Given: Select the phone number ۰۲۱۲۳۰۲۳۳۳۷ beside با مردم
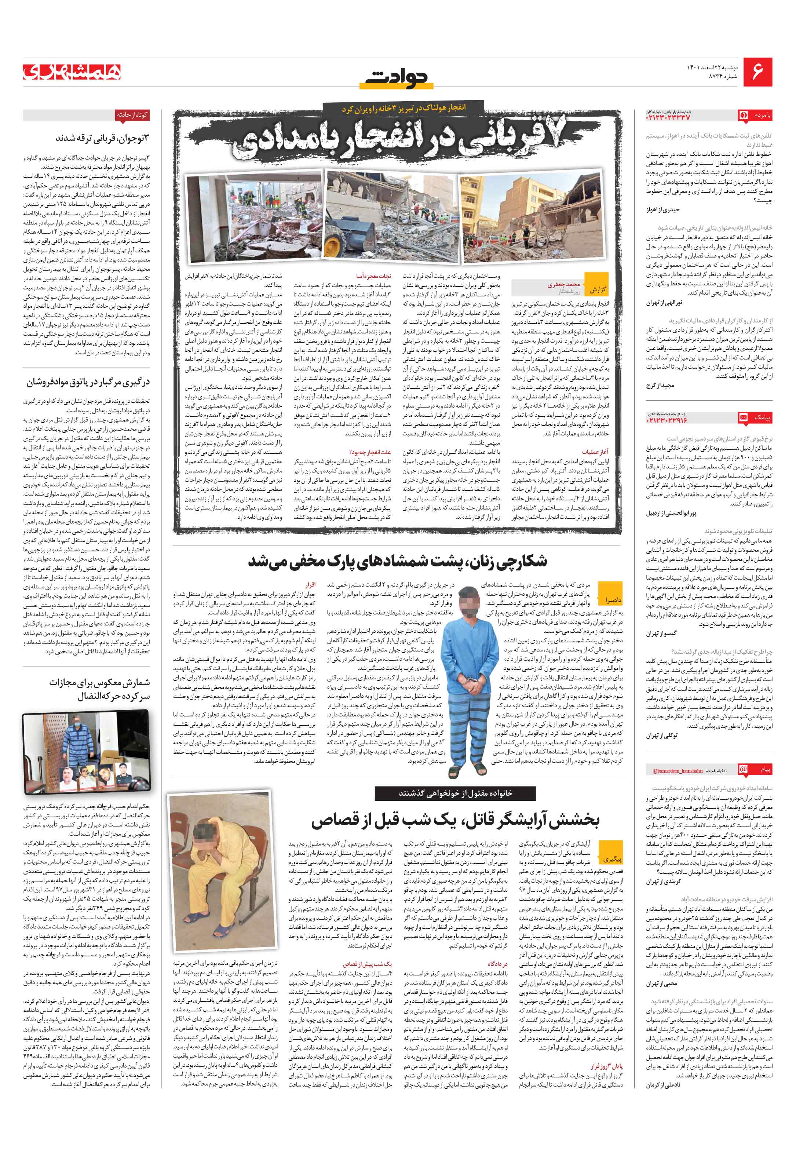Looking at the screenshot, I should tap(668, 117).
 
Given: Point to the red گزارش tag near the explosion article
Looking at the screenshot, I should tap(597, 290).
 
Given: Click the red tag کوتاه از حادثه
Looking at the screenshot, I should tap(132, 115).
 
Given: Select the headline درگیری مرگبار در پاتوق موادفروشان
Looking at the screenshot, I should tap(88, 383).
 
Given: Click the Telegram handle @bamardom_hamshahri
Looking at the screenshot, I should tap(674, 770).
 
